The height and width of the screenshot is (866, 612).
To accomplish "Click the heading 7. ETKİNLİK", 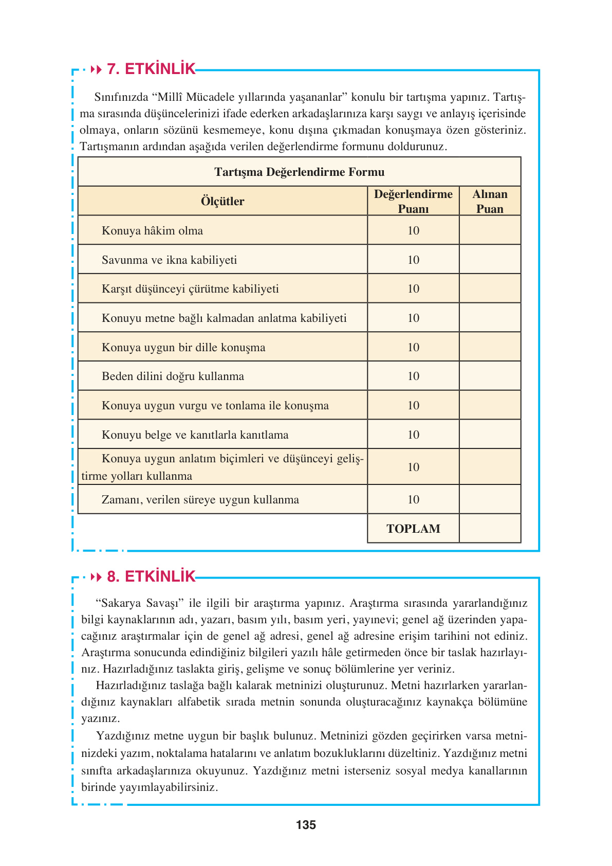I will click(x=151, y=69).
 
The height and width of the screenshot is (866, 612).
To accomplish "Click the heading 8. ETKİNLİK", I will click(x=151, y=576).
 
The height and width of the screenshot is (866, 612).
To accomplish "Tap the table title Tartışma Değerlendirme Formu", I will click(x=299, y=172).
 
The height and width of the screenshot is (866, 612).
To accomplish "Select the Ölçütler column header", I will click(x=222, y=201).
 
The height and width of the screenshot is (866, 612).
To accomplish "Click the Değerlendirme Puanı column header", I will click(x=413, y=201).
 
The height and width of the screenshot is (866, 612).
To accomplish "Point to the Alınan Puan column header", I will click(x=490, y=201).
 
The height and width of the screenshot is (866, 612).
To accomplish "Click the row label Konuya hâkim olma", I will click(x=152, y=230).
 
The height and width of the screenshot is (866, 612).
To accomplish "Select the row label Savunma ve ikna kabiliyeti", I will click(x=169, y=260).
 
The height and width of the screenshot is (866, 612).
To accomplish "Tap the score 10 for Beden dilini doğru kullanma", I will click(x=413, y=376).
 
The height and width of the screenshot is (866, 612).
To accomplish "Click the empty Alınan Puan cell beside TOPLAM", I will click(x=490, y=529).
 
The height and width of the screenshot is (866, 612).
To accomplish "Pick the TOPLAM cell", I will click(x=413, y=529).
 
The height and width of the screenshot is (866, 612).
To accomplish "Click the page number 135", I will click(x=306, y=825).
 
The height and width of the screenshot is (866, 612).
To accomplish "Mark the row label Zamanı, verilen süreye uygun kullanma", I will click(x=200, y=499).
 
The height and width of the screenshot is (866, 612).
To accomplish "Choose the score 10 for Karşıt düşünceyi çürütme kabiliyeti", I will click(x=413, y=288).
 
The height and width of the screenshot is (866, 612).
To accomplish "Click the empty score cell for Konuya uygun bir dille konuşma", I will click(x=490, y=347).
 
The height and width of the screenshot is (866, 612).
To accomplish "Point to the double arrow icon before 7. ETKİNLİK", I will click(x=96, y=69).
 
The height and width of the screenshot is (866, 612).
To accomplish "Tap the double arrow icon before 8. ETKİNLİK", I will click(x=96, y=576).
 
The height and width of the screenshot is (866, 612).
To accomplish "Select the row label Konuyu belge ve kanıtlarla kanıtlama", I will click(x=195, y=435).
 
